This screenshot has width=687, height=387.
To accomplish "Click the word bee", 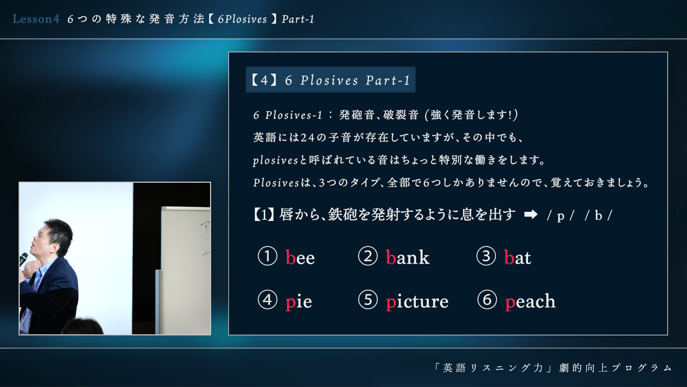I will (300, 258).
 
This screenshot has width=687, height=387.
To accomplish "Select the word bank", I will (408, 257).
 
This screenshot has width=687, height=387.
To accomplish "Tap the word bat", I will (517, 257).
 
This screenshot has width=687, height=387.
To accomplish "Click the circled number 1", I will (268, 256).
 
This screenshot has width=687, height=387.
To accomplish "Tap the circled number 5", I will (368, 300).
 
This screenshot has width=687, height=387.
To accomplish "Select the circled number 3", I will (486, 256).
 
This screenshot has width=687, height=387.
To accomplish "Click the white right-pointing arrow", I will (531, 215).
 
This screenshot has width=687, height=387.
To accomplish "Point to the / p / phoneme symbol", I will (561, 216).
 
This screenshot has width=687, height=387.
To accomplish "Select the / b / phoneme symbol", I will (599, 216).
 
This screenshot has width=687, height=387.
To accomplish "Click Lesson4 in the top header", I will (36, 19).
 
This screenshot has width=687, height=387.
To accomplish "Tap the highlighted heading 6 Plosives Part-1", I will (330, 80).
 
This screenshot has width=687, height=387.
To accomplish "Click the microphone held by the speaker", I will (23, 258).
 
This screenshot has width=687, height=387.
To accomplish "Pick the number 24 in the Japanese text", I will (307, 138).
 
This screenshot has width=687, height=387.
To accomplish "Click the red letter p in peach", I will (510, 303).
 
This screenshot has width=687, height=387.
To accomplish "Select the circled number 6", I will (487, 300).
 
